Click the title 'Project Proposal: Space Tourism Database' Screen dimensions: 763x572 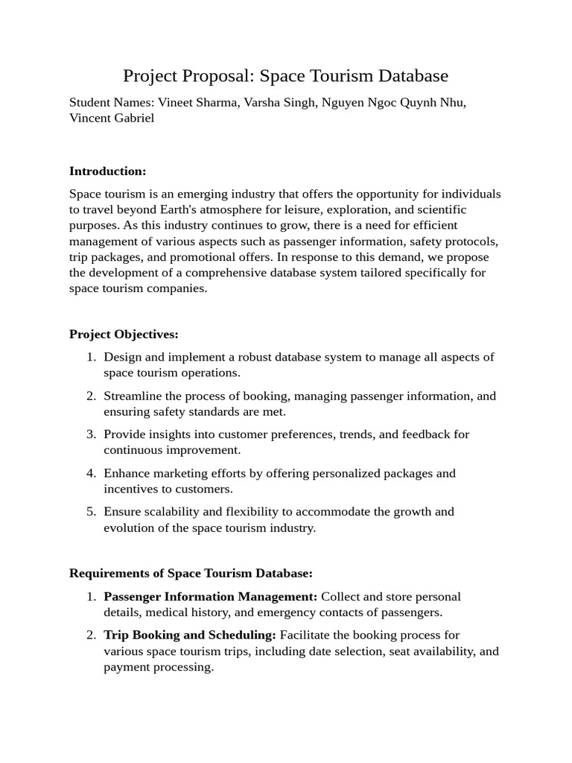click(285, 76)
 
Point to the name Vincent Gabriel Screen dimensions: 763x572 click(112, 118)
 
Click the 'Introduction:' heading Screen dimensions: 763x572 click(107, 171)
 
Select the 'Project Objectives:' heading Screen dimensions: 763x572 click(124, 334)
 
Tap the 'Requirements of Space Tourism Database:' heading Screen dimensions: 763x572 click(191, 573)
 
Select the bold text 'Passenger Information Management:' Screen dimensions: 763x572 click(210, 597)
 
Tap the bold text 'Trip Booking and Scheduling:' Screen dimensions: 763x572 click(190, 635)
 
